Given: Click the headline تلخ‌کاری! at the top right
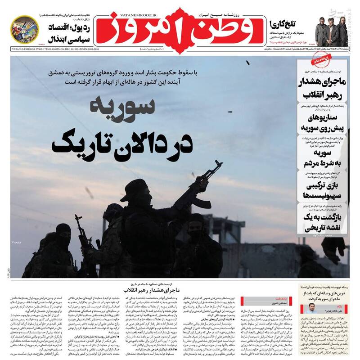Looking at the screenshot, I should [x=282, y=23].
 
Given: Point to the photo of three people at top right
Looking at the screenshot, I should [x=331, y=30].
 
